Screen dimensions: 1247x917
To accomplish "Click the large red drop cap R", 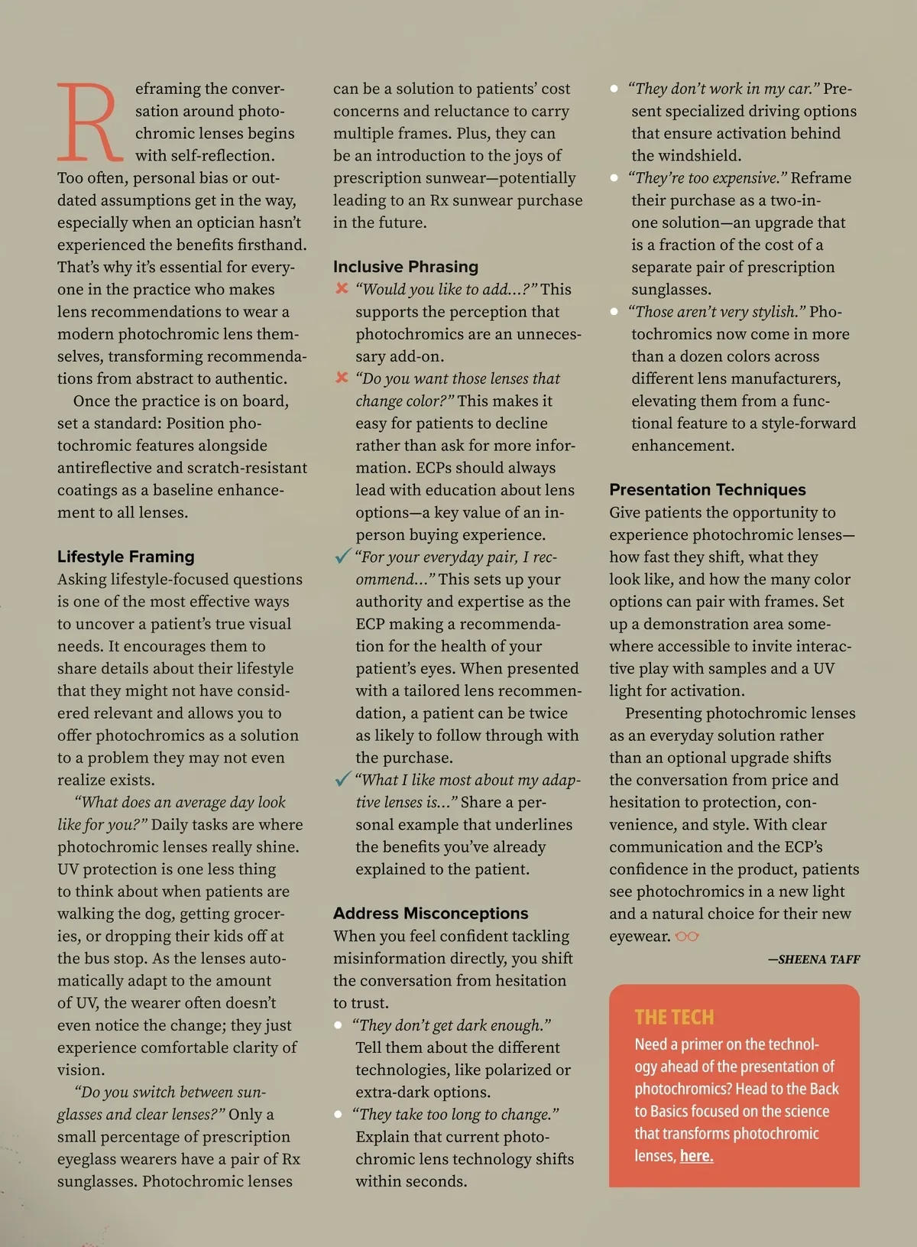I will click(89, 122).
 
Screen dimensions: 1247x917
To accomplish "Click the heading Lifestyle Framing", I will click(126, 557).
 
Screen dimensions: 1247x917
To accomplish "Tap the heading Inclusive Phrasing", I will click(406, 267).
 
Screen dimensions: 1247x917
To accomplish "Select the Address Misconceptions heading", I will click(430, 914).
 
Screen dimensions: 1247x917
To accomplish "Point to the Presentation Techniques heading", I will click(708, 490).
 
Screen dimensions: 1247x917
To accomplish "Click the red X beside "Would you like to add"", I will click(342, 288).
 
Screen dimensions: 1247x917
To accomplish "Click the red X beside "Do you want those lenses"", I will click(342, 378).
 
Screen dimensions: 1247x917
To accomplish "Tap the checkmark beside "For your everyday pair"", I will click(342, 556).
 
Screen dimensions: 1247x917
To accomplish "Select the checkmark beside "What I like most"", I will click(342, 779).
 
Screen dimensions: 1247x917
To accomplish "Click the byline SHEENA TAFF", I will click(818, 960).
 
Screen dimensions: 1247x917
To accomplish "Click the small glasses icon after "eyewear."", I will click(687, 937).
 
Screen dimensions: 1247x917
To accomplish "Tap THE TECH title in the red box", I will click(674, 1017).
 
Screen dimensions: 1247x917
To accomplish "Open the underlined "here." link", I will click(696, 1156).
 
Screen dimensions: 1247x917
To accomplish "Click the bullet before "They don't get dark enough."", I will click(338, 1025).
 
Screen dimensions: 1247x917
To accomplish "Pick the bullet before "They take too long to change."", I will click(338, 1115).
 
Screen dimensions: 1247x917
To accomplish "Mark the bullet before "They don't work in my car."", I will click(614, 89).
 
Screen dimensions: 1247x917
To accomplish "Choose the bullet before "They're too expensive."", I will click(614, 178).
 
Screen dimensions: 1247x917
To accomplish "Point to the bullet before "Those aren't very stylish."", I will click(614, 312).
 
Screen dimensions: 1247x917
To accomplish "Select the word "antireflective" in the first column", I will click(105, 468).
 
